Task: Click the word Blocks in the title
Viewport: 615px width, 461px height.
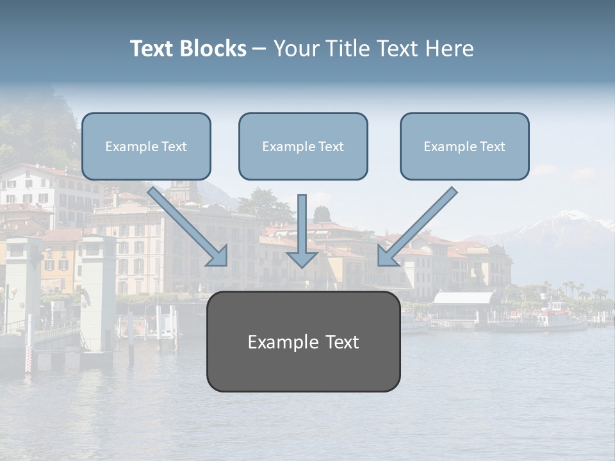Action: click(x=213, y=49)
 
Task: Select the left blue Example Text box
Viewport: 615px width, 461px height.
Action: click(x=146, y=147)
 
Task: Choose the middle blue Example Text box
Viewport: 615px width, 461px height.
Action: click(x=303, y=147)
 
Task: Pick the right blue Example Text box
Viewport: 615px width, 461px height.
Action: click(x=464, y=147)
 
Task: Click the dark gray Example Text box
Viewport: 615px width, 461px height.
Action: click(x=303, y=342)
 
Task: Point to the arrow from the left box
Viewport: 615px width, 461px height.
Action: click(x=186, y=225)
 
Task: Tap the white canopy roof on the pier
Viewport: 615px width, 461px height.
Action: click(x=465, y=298)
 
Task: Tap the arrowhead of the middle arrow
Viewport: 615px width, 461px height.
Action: click(x=302, y=259)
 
